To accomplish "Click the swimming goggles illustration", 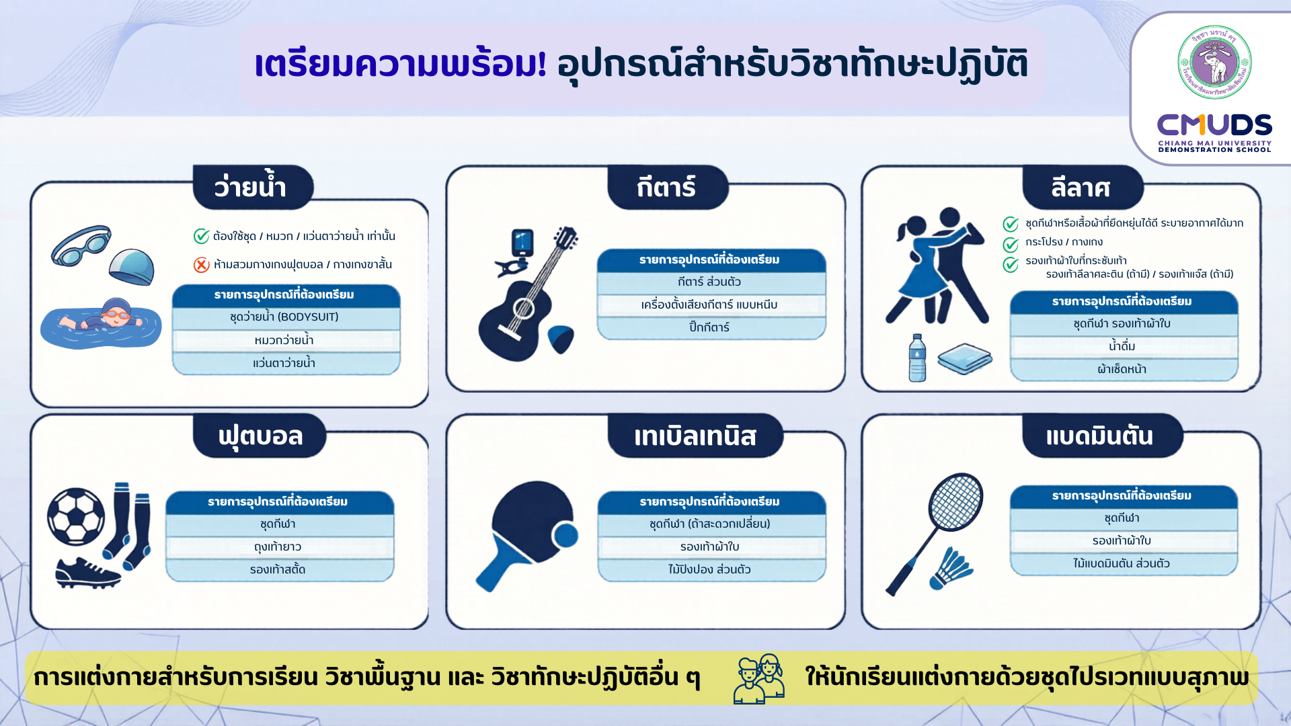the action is click(81, 245).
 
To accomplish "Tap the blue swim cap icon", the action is click(132, 267).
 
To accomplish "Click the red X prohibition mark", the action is click(202, 265).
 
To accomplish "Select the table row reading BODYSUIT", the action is click(284, 317).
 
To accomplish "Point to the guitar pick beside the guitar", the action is click(560, 338).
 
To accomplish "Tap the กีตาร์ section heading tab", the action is click(667, 187).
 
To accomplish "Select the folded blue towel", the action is click(965, 359).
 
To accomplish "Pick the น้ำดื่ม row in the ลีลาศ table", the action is click(1122, 347).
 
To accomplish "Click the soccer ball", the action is click(76, 517).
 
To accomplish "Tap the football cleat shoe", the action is click(87, 573).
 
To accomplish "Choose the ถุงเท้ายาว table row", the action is click(278, 547).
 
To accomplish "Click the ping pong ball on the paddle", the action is click(565, 536).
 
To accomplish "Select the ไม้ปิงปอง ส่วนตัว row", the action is click(710, 570).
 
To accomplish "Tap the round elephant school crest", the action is click(1214, 63).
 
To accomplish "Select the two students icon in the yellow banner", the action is click(760, 679).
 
